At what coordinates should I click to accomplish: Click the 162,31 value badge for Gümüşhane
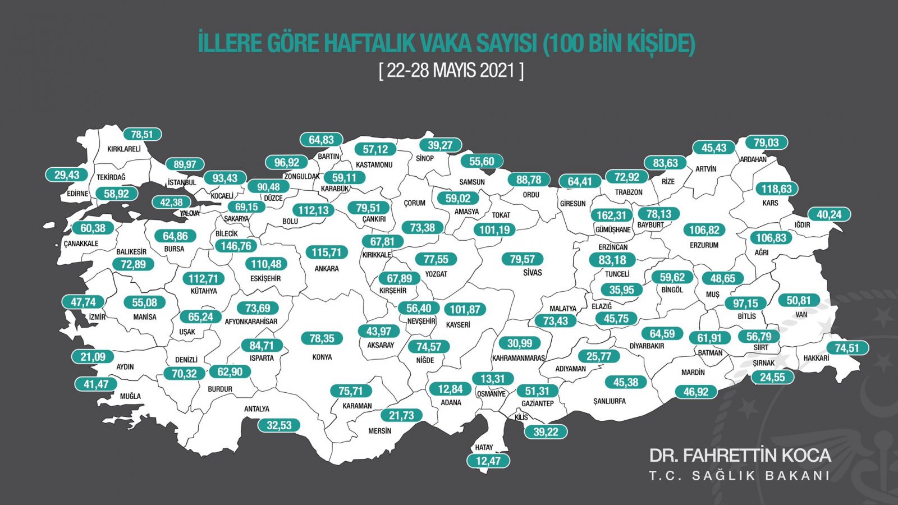(x=611, y=215)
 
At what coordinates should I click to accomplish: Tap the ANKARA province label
(x=327, y=269)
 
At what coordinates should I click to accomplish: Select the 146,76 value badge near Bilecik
(x=236, y=246)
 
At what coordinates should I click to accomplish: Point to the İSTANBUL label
(x=182, y=182)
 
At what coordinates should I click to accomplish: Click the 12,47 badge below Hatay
(x=488, y=461)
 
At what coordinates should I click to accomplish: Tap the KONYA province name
(x=322, y=357)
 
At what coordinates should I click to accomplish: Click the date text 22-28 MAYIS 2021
(x=451, y=71)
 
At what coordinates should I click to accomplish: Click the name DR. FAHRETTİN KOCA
(x=740, y=455)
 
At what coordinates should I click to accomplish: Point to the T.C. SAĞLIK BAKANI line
(x=740, y=476)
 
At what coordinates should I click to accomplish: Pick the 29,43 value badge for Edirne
(x=67, y=175)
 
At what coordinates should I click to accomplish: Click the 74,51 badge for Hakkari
(x=847, y=348)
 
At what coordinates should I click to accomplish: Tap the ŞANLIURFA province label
(x=610, y=401)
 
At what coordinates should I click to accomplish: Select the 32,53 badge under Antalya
(x=279, y=425)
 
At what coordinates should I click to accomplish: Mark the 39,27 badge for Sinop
(x=440, y=145)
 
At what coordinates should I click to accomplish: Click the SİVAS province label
(x=533, y=273)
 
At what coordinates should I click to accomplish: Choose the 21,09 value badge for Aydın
(x=93, y=356)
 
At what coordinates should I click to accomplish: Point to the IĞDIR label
(x=803, y=225)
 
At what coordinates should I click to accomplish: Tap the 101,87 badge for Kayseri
(x=465, y=309)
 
